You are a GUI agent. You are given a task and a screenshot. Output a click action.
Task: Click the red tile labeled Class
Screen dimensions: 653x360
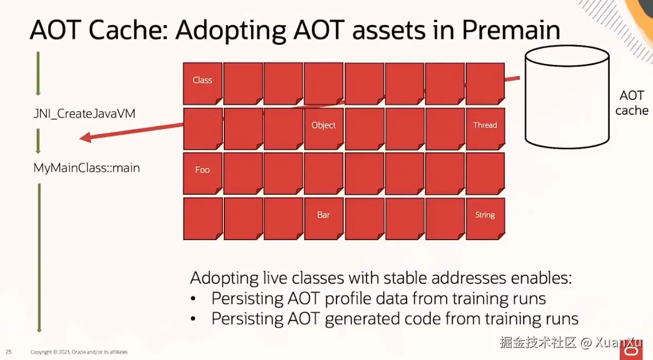tap(203, 84)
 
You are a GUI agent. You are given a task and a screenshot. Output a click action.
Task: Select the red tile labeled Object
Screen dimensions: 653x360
tap(324, 129)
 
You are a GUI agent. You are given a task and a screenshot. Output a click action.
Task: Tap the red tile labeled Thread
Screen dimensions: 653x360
tap(485, 129)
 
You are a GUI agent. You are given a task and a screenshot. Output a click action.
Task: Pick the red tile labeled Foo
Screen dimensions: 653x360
tap(203, 174)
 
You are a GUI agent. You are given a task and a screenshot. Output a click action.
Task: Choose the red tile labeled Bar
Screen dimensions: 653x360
tap(324, 219)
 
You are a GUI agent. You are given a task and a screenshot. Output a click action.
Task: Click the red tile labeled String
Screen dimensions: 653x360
tap(485, 219)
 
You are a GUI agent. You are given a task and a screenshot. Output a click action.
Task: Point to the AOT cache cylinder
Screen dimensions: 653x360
tap(567, 97)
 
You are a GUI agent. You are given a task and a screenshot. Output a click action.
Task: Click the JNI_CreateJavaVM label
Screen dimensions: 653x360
tap(84, 114)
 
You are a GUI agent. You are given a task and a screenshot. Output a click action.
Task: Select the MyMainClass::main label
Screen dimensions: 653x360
tap(86, 168)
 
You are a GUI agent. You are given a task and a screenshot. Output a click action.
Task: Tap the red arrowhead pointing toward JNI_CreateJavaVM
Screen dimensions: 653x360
tap(85, 137)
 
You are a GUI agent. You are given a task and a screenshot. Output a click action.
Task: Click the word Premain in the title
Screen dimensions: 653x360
tap(511, 30)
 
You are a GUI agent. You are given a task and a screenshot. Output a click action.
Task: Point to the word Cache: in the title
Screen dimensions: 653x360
tap(128, 30)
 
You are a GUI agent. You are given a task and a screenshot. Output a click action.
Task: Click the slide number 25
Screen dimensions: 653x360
tap(8, 352)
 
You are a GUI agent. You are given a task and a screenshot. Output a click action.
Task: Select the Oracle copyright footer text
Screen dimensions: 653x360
tap(79, 352)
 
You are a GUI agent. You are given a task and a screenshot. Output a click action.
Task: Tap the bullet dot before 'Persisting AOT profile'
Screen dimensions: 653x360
tap(193, 299)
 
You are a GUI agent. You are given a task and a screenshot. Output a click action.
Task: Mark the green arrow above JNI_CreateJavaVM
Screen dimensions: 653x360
tap(38, 74)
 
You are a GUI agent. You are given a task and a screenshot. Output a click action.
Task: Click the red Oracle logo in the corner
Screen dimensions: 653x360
tap(631, 351)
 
